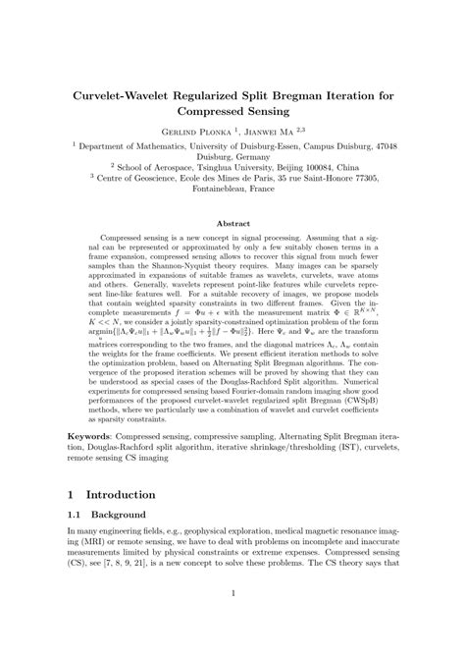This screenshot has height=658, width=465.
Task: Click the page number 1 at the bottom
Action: (x=232, y=619)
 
